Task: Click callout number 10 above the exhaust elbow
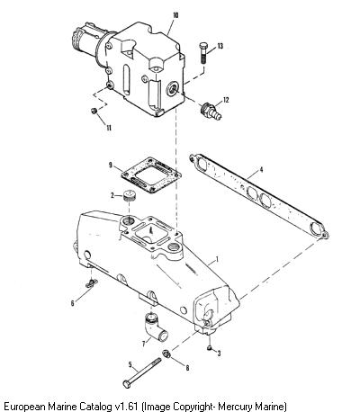point(175,15)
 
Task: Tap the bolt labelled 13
point(203,53)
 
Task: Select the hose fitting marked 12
point(211,112)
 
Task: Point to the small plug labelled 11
point(94,112)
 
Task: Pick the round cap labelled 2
point(130,196)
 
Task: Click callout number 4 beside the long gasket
point(261,170)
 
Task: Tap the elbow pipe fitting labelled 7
point(155,327)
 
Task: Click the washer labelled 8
point(166,354)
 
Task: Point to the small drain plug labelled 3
point(210,348)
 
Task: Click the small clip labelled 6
point(91,283)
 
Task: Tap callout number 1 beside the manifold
point(218,258)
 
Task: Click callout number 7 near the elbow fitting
point(144,343)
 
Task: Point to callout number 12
point(226,100)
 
